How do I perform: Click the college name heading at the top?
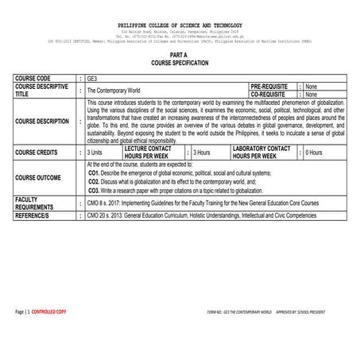click(x=180, y=25)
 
